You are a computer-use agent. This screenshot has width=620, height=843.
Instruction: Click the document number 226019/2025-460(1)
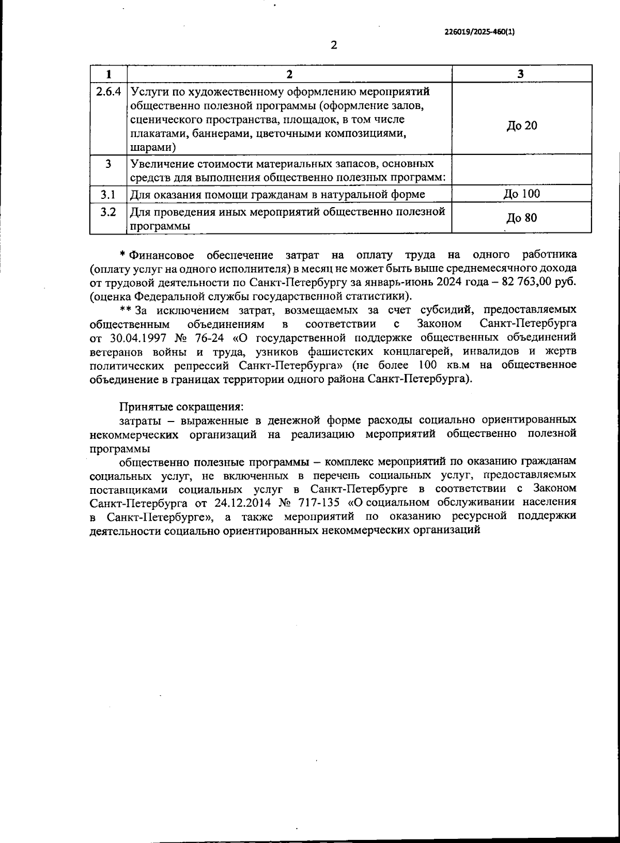click(x=479, y=32)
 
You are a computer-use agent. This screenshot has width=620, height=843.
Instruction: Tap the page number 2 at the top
click(x=333, y=45)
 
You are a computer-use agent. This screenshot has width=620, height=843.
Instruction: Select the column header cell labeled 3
click(x=521, y=74)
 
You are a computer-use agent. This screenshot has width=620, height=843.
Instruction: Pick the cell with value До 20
click(x=521, y=126)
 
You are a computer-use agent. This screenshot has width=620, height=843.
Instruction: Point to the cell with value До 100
click(x=521, y=194)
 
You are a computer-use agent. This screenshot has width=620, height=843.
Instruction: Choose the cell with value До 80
click(x=521, y=217)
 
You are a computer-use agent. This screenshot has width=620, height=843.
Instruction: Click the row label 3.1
click(x=107, y=194)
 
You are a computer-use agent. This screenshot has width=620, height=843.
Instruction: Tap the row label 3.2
click(x=107, y=212)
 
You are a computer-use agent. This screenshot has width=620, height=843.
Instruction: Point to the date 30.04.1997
click(x=139, y=338)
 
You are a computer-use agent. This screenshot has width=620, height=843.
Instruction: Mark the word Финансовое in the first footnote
click(x=162, y=255)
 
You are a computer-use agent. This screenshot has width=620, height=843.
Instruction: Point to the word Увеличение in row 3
click(x=160, y=164)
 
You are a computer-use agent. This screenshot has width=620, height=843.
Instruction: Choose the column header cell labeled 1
click(x=109, y=74)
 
